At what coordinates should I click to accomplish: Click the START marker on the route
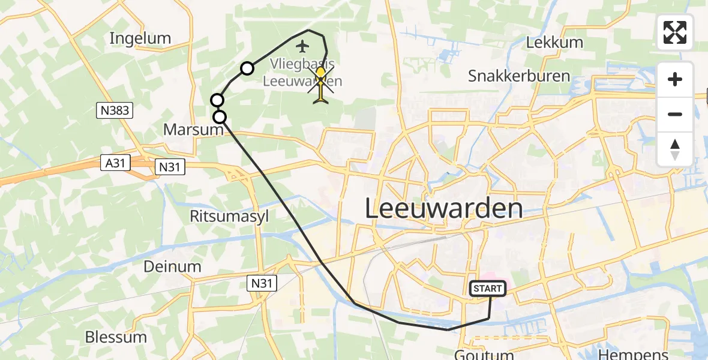point(488,289)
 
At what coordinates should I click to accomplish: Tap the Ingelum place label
point(140,38)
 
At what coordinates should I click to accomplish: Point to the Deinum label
point(172,266)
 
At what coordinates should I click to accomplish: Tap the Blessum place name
point(116,337)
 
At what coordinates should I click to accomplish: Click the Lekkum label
point(554,43)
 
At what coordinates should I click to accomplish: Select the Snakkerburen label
point(519,76)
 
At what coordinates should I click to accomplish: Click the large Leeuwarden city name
point(444,209)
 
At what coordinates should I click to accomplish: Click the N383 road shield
point(113,110)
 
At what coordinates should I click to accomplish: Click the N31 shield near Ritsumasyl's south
point(262,282)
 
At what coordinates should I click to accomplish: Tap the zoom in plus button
point(675,79)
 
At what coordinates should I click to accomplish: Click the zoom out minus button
point(675,114)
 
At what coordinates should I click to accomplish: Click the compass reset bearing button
point(675,149)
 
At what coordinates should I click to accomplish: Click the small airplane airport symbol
point(302,45)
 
